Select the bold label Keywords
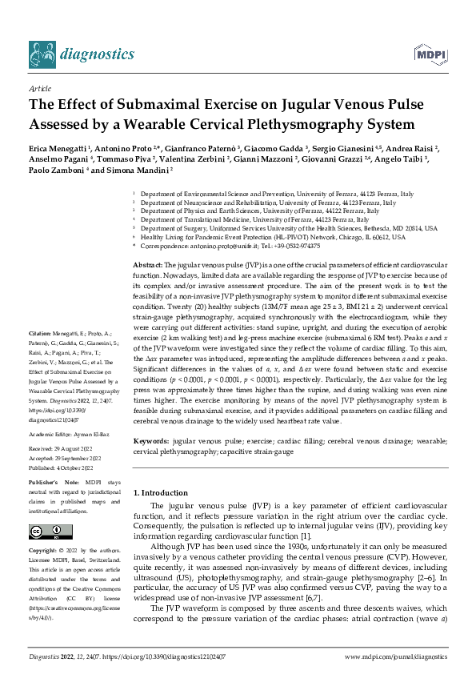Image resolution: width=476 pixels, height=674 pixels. (150, 441)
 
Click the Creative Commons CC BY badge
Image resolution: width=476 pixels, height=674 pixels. (50, 532)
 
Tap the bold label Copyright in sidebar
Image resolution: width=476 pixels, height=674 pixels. (46, 551)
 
